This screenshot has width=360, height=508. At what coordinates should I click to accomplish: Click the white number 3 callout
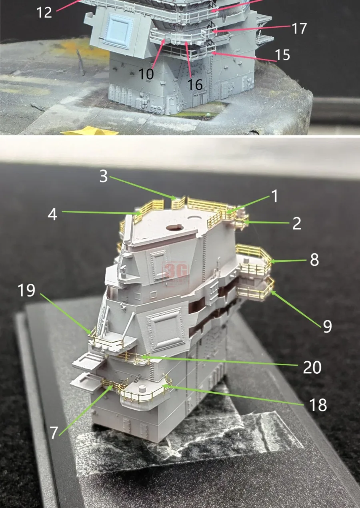click(104, 176)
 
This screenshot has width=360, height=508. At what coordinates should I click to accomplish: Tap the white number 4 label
click(52, 214)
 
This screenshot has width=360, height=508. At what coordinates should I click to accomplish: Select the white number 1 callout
click(275, 196)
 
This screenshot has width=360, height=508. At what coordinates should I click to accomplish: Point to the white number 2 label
click(297, 223)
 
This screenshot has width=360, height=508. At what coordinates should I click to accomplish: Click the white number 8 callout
click(314, 260)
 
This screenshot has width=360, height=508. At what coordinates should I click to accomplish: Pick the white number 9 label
click(327, 326)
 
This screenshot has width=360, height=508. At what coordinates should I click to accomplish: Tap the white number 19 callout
click(26, 290)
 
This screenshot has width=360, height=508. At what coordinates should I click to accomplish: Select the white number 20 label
click(312, 368)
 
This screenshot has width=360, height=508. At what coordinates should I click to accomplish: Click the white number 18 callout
click(318, 405)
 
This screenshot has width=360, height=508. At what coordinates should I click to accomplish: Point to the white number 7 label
click(54, 433)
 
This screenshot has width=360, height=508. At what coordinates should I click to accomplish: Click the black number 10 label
click(146, 74)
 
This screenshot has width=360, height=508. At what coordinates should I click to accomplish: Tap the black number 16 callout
click(195, 85)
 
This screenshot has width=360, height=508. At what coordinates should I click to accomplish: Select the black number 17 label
click(299, 28)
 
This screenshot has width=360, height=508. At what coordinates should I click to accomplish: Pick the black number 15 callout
click(282, 55)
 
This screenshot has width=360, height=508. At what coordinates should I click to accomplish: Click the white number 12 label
click(44, 12)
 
